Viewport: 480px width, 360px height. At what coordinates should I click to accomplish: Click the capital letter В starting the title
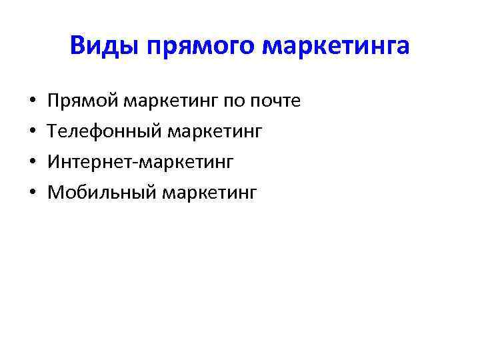click(x=77, y=48)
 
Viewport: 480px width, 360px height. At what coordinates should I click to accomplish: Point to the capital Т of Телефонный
click(x=54, y=131)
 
